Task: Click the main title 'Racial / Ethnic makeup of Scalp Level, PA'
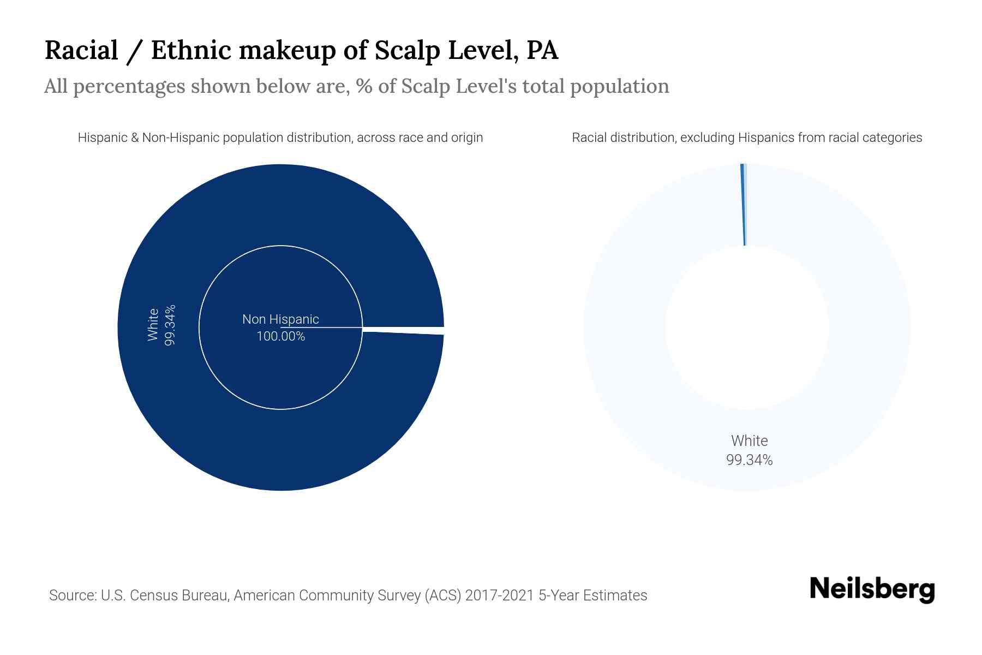pos(301,50)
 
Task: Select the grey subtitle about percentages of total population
pos(356,86)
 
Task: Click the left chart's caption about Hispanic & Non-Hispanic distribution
pos(280,138)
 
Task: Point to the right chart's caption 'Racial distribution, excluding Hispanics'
pos(747,138)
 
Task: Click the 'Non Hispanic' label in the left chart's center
pos(280,319)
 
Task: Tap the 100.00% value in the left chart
pos(280,336)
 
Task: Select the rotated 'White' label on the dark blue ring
pos(153,325)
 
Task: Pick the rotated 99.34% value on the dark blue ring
pos(170,325)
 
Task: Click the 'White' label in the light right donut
pos(749,441)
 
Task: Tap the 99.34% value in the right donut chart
pos(749,460)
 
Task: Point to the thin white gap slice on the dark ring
pos(404,330)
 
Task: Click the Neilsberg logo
pos(872,589)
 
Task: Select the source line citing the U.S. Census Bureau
pos(348,595)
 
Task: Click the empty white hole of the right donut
pos(747,327)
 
